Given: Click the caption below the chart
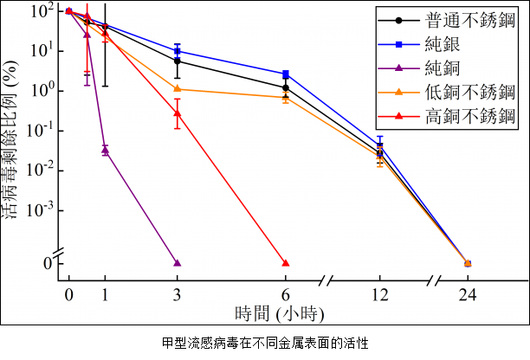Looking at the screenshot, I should click(x=265, y=343).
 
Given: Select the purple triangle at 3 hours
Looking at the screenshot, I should click(x=178, y=262).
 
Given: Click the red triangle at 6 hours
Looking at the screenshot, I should click(x=286, y=262).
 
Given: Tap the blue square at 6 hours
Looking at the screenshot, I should click(x=286, y=74).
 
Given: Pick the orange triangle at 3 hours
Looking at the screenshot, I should click(x=178, y=88).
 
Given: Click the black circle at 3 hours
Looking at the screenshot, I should click(x=178, y=61).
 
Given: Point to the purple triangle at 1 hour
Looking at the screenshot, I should click(x=105, y=150).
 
